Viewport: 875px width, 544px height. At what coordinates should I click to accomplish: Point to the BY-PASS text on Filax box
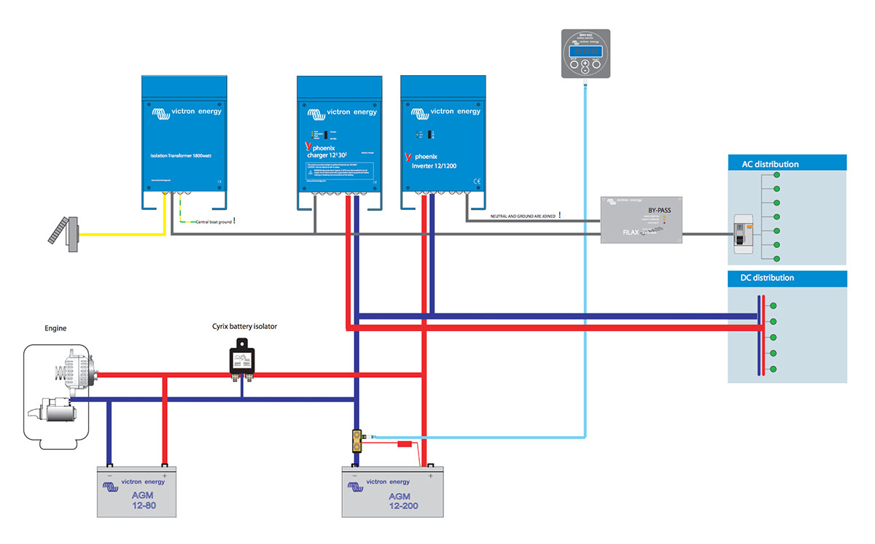tap(661, 212)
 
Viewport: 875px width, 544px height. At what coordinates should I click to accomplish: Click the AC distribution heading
tap(765, 164)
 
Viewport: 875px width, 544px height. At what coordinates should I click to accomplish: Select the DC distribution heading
tap(762, 278)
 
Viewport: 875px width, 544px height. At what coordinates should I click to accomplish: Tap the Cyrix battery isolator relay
tap(243, 360)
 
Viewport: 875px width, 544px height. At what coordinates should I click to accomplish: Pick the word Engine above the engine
tap(55, 329)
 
